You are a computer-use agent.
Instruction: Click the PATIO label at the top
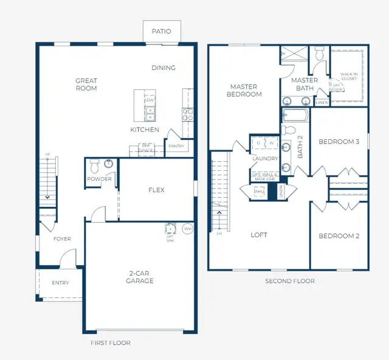tap(161, 31)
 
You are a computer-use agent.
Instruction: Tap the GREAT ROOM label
tap(86, 85)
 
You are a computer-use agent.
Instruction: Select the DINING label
tap(164, 67)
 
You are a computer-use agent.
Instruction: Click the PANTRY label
tap(176, 146)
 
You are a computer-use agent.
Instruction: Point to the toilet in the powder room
tap(94, 165)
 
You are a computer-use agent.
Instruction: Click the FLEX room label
tap(156, 190)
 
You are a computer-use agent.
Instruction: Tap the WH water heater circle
tap(187, 229)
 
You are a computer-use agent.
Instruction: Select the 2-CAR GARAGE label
tap(140, 277)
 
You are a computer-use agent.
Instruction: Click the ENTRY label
tap(60, 283)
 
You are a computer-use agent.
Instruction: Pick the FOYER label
tap(61, 239)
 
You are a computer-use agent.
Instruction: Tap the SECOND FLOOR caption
tap(289, 281)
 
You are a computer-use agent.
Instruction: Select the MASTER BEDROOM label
tap(245, 90)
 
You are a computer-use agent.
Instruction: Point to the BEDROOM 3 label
tap(339, 142)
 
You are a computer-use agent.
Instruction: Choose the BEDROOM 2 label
tap(339, 236)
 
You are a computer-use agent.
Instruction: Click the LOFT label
tap(259, 235)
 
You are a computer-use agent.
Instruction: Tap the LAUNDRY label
tap(265, 159)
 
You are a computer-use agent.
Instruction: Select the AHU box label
tap(259, 191)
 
